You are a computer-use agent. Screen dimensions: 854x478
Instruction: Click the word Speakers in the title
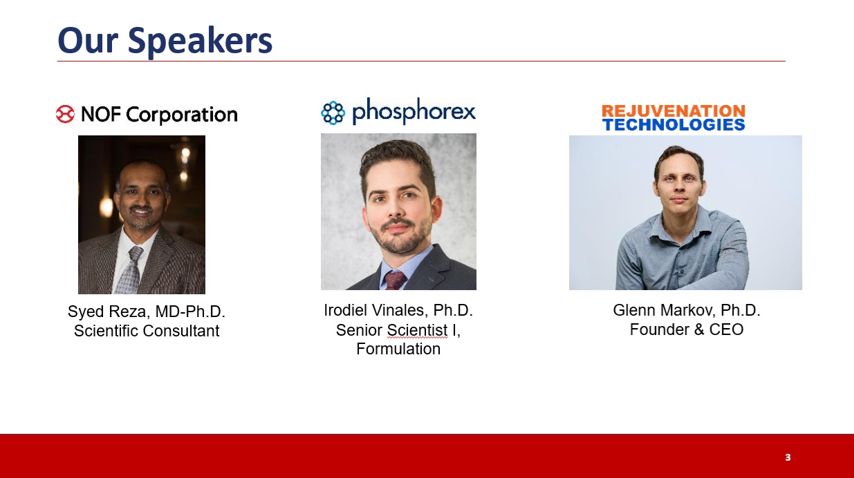click(x=200, y=42)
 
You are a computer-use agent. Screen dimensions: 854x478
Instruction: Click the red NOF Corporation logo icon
click(x=65, y=114)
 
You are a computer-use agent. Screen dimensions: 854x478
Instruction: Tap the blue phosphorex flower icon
click(x=333, y=113)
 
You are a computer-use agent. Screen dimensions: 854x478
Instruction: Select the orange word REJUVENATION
click(x=674, y=111)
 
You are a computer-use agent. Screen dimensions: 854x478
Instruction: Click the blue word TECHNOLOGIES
click(x=674, y=124)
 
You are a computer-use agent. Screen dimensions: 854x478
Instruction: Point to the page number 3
click(x=788, y=457)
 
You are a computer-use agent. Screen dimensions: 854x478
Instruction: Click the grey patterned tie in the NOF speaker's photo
click(x=131, y=269)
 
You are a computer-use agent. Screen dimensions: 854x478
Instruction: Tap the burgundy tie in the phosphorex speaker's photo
click(x=395, y=280)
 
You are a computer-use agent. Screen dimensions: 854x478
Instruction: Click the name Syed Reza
click(x=106, y=312)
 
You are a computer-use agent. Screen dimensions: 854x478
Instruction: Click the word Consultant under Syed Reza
click(x=180, y=331)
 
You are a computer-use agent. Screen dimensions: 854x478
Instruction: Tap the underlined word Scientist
click(x=417, y=330)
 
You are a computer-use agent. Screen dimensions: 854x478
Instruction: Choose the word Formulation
click(x=398, y=349)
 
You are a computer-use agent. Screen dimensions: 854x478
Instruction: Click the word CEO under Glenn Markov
click(x=726, y=329)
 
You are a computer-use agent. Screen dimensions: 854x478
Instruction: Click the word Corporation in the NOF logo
click(x=182, y=115)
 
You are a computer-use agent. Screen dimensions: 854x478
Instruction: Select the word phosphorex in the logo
click(x=414, y=111)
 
